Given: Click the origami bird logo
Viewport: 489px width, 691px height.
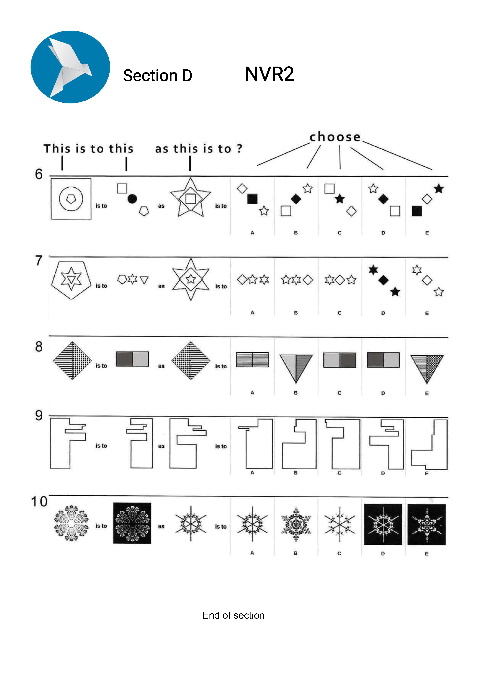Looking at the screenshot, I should [70, 67].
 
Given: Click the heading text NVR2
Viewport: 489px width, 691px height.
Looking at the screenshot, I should [269, 74].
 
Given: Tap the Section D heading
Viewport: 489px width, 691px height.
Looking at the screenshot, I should [157, 75].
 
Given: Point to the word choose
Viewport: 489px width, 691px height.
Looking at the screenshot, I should [335, 137].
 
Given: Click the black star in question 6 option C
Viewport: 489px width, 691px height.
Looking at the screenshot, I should [340, 199].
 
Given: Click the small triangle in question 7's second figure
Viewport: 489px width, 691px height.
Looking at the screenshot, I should [144, 280].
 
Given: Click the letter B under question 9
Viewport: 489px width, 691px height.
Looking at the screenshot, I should [296, 473].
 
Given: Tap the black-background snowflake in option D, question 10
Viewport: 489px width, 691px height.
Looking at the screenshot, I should [383, 524].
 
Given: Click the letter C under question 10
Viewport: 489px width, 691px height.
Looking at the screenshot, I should [339, 553].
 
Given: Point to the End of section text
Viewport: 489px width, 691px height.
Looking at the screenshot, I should [233, 616].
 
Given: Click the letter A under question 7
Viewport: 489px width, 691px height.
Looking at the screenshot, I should [252, 313].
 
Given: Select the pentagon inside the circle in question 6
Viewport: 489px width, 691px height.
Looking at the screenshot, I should [71, 199].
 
